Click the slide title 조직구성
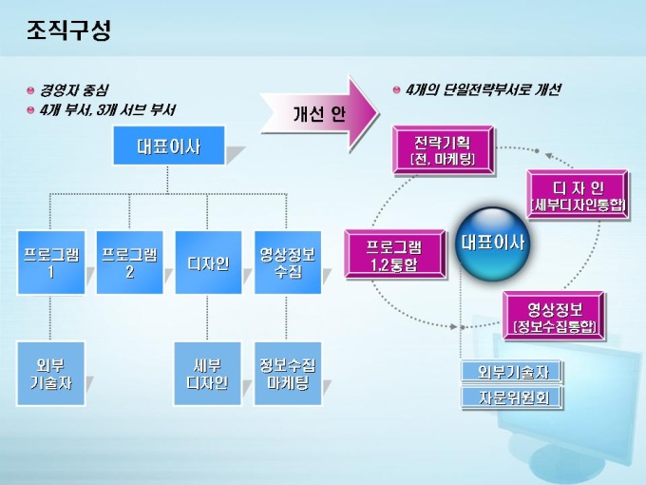[69, 30]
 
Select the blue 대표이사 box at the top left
[168, 145]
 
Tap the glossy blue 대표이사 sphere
[491, 242]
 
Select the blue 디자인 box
[208, 262]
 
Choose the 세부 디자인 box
[208, 373]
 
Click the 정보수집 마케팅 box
[287, 373]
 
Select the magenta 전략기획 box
[443, 150]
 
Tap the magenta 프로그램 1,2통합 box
[394, 255]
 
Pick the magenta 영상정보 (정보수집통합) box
[555, 317]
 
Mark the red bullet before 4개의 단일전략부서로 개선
[396, 90]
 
